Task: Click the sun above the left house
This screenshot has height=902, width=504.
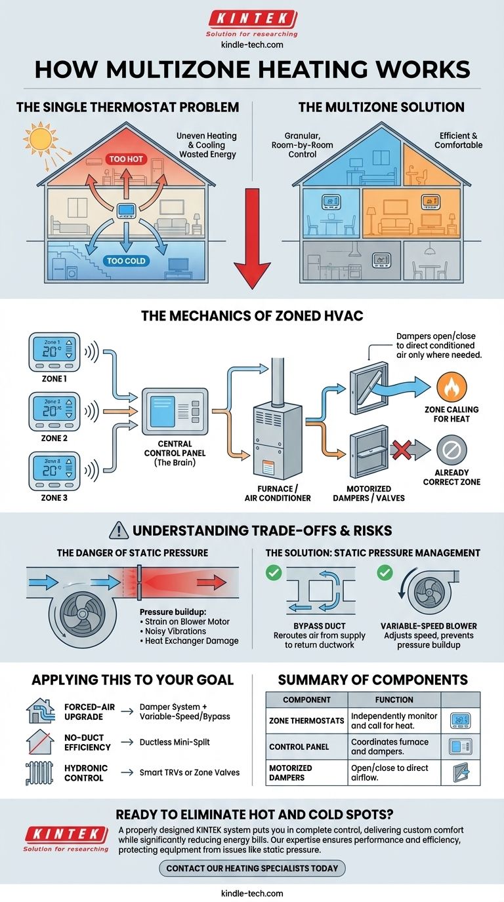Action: click(x=41, y=138)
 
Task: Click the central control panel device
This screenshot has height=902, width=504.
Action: click(x=175, y=412)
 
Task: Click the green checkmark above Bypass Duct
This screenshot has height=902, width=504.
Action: click(x=274, y=574)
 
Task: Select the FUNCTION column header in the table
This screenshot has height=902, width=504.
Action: click(x=394, y=699)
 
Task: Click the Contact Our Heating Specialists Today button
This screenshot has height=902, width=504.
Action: click(x=252, y=868)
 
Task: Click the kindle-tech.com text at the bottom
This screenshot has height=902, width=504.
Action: click(x=252, y=893)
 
